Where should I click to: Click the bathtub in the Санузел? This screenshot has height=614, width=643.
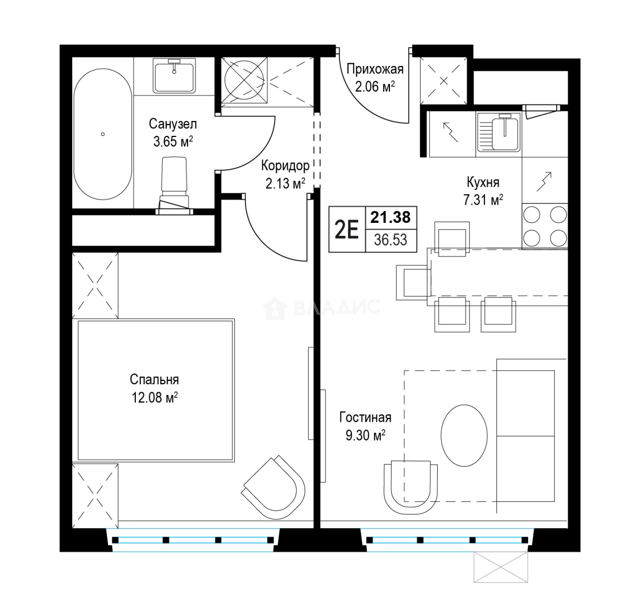103,134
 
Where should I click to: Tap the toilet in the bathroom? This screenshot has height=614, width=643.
175,185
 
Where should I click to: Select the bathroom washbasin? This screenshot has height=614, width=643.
175,75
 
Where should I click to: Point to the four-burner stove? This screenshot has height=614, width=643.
545,226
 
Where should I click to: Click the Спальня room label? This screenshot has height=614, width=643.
154,380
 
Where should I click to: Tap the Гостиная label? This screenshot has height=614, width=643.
365,417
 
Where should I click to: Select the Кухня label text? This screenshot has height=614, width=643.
483,182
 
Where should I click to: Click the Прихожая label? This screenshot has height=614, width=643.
375,69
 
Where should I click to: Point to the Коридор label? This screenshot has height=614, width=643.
285,165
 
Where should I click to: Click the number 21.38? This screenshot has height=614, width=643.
391,217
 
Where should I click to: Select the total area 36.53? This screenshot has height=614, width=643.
391,240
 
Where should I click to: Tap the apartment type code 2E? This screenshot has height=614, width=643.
346,229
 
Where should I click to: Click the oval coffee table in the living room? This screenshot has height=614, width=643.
464,435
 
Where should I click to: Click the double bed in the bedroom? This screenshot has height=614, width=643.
156,391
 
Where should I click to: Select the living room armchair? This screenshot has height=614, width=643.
410,487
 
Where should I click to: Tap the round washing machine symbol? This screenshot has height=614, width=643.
244,80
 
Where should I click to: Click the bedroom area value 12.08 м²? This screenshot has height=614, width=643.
154,397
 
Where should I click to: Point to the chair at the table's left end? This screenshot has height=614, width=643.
413,282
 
